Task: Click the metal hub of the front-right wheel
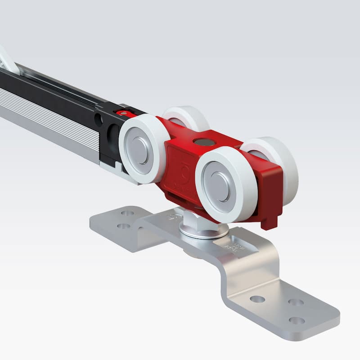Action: [x=220, y=185]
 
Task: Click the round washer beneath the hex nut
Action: [x=202, y=231]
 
